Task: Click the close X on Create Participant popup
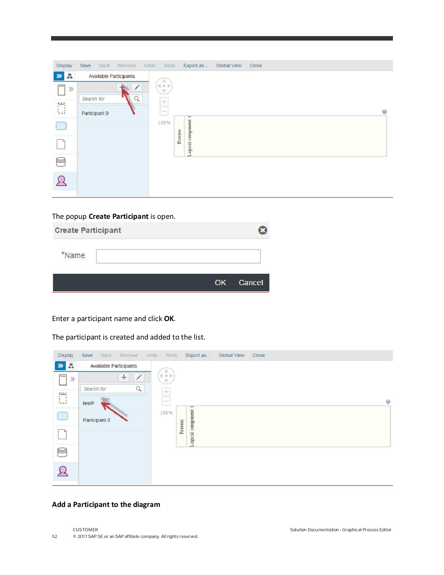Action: tap(262, 230)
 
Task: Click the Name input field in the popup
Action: tap(178, 256)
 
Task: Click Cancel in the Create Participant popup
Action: tap(251, 283)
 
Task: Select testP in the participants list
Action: tap(89, 403)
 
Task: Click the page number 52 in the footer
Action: tap(55, 536)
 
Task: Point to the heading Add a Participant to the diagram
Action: tap(106, 504)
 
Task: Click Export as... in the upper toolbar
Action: tap(195, 65)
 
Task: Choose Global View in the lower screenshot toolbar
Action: tap(231, 355)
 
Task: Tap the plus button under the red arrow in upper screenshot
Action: tap(122, 87)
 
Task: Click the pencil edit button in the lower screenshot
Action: tap(139, 377)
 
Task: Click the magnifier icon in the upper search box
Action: tap(137, 99)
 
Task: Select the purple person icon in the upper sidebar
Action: tap(62, 181)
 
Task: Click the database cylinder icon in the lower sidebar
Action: tap(62, 452)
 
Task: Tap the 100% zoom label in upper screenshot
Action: tap(164, 123)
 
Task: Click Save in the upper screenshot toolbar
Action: tap(86, 65)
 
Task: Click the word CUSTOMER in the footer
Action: tap(85, 530)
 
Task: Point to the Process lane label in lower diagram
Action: tap(182, 427)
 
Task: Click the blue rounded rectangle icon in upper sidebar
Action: tap(61, 126)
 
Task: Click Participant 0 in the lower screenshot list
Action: tap(96, 420)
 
